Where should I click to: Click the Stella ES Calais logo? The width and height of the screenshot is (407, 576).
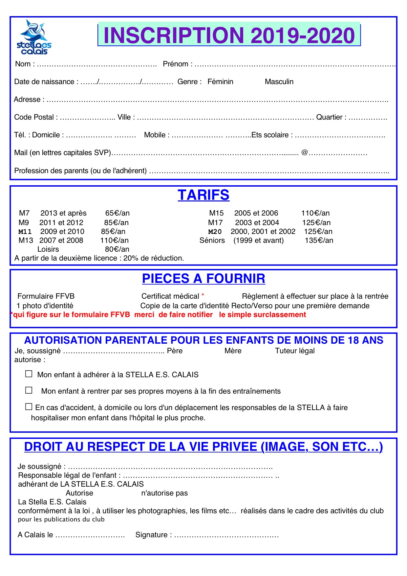pyautogui.click(x=34, y=37)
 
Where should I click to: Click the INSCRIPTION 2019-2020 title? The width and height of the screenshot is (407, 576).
pyautogui.click(x=229, y=35)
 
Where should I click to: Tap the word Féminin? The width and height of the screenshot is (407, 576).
pyautogui.click(x=220, y=81)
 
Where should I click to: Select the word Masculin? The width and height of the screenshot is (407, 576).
pyautogui.click(x=279, y=81)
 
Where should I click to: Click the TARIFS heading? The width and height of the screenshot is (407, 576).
pyautogui.click(x=203, y=195)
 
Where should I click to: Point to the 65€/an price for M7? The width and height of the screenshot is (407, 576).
pyautogui.click(x=117, y=213)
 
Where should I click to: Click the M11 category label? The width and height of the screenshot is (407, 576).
pyautogui.click(x=25, y=232)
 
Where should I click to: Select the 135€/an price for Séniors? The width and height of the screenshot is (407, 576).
pyautogui.click(x=319, y=241)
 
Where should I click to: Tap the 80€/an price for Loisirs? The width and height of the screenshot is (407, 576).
pyautogui.click(x=117, y=249)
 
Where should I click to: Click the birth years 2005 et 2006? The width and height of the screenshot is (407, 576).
pyautogui.click(x=256, y=213)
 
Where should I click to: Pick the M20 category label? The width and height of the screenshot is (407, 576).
pyautogui.click(x=215, y=232)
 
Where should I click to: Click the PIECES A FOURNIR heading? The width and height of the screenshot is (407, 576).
pyautogui.click(x=203, y=278)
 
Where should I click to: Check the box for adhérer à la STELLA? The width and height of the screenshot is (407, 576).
pyautogui.click(x=29, y=374)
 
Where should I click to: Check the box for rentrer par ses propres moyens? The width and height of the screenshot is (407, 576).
pyautogui.click(x=29, y=390)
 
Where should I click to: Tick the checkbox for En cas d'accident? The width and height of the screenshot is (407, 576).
pyautogui.click(x=29, y=407)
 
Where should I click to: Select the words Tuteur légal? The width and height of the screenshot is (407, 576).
pyautogui.click(x=295, y=351)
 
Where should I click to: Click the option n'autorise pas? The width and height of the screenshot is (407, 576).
pyautogui.click(x=164, y=493)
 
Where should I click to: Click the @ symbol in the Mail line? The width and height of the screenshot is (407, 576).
pyautogui.click(x=305, y=152)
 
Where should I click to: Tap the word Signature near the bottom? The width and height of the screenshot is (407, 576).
pyautogui.click(x=152, y=535)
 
